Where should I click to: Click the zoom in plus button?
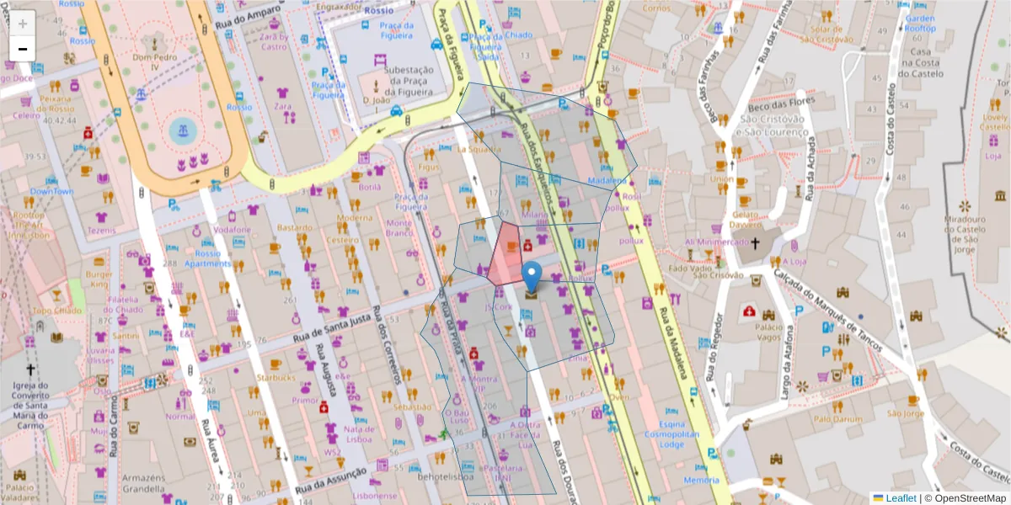coord(23,24)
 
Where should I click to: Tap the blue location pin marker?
coord(532,276)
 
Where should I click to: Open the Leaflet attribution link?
coord(901,497)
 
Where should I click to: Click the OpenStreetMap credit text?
coord(966,497)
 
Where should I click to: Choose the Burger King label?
coord(99,279)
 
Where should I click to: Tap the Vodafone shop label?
coord(233,230)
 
